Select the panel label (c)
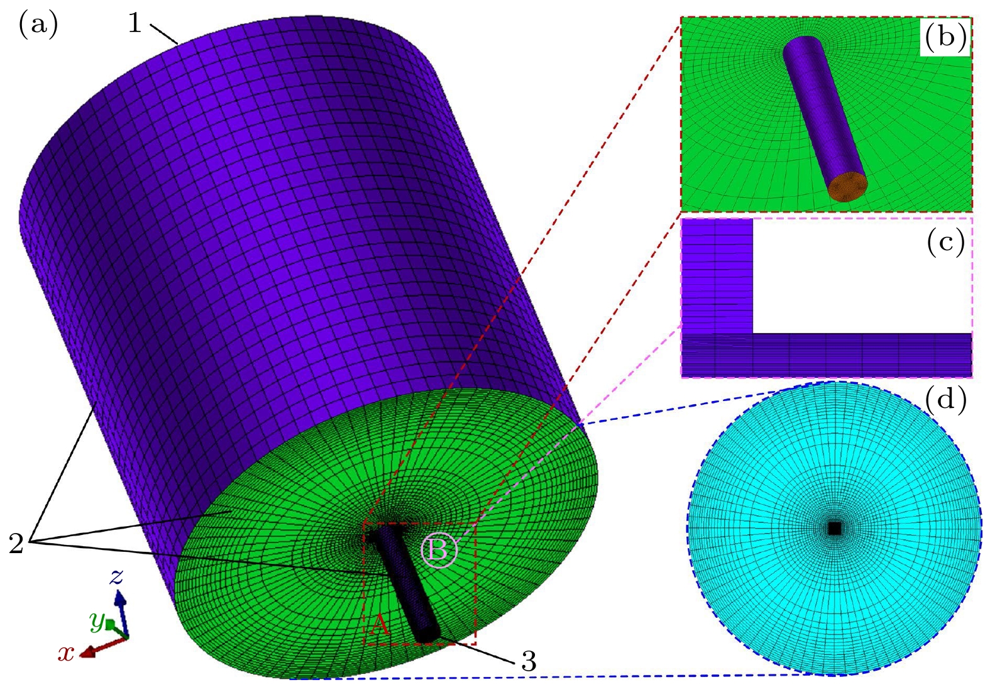pyautogui.click(x=945, y=243)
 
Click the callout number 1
pyautogui.click(x=135, y=23)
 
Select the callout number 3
pyautogui.click(x=529, y=661)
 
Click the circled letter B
pyautogui.click(x=439, y=551)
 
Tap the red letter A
pyautogui.click(x=380, y=625)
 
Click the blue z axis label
pyautogui.click(x=116, y=576)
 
